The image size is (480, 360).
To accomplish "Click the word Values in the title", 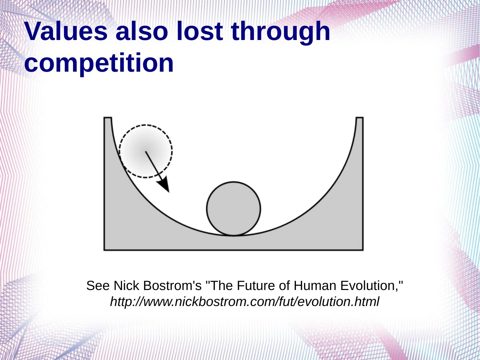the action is tap(66, 31).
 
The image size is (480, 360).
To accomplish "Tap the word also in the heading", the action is tap(142, 31).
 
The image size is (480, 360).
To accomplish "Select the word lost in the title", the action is tap(200, 31).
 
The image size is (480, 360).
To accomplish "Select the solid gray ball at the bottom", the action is tap(234, 209).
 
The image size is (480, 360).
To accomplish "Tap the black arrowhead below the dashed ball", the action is tap(164, 184).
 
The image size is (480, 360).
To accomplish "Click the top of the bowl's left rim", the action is tap(108, 118).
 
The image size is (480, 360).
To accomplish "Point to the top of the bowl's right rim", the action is tap(360, 118).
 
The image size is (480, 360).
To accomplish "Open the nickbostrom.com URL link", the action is tap(244, 302).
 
